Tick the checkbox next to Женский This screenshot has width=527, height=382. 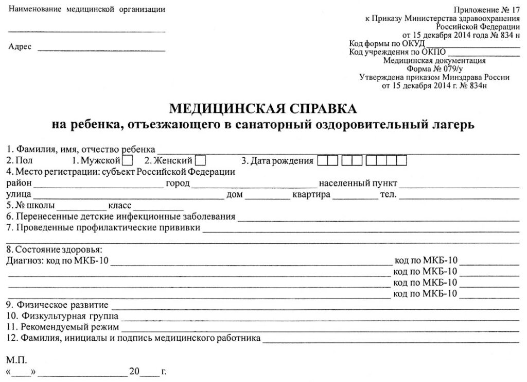point(201,161)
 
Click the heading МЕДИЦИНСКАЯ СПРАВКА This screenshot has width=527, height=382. point(262,109)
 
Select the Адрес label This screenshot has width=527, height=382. point(20,47)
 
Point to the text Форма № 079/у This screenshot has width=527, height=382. point(434,68)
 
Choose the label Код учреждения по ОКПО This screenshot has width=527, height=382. point(397,52)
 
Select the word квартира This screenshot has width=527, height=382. point(311,195)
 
